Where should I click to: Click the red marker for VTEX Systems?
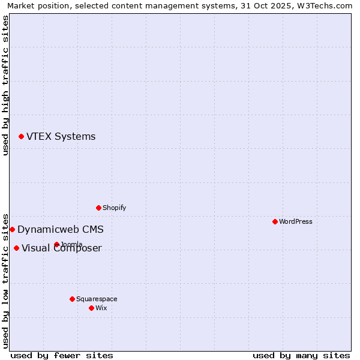(x=21, y=137)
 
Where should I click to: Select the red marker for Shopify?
(x=98, y=208)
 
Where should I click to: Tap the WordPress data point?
(x=275, y=221)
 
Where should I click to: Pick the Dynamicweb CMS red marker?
(x=12, y=229)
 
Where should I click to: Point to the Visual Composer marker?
(x=16, y=248)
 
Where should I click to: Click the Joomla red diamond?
(x=56, y=244)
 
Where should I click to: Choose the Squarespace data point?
(x=72, y=299)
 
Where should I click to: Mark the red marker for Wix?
(x=91, y=308)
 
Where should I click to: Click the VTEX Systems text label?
(x=61, y=137)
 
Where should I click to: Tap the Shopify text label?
(x=114, y=208)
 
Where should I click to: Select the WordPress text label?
(x=295, y=221)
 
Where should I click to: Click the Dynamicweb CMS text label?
(x=60, y=229)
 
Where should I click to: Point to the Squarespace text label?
(x=97, y=299)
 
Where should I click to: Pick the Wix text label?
(x=101, y=308)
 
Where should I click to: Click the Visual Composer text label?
(x=62, y=248)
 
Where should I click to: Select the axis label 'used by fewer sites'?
(x=62, y=355)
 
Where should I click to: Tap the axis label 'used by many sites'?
(x=301, y=355)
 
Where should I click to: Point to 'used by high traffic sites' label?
(x=5, y=85)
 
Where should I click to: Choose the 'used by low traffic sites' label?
(x=5, y=280)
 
